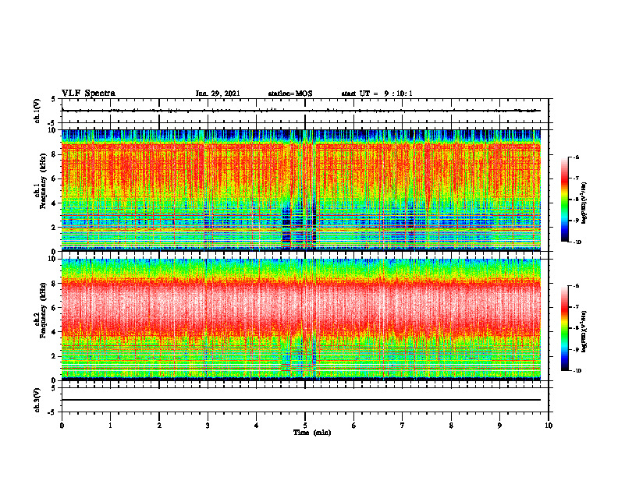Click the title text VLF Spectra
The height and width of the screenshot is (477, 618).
(x=88, y=94)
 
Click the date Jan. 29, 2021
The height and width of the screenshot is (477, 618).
(x=218, y=94)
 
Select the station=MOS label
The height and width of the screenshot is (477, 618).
(x=289, y=94)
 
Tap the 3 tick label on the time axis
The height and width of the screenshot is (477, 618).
(x=208, y=425)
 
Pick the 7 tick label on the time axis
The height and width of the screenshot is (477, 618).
(x=403, y=425)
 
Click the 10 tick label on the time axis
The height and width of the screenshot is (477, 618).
(x=549, y=425)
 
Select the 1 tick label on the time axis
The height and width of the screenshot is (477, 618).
(x=110, y=425)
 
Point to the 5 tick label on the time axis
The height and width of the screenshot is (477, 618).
(x=305, y=425)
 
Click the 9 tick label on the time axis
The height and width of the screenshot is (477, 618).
(x=500, y=425)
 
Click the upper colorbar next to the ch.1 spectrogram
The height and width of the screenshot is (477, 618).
(x=565, y=200)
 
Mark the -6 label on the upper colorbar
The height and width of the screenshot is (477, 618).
(x=578, y=158)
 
